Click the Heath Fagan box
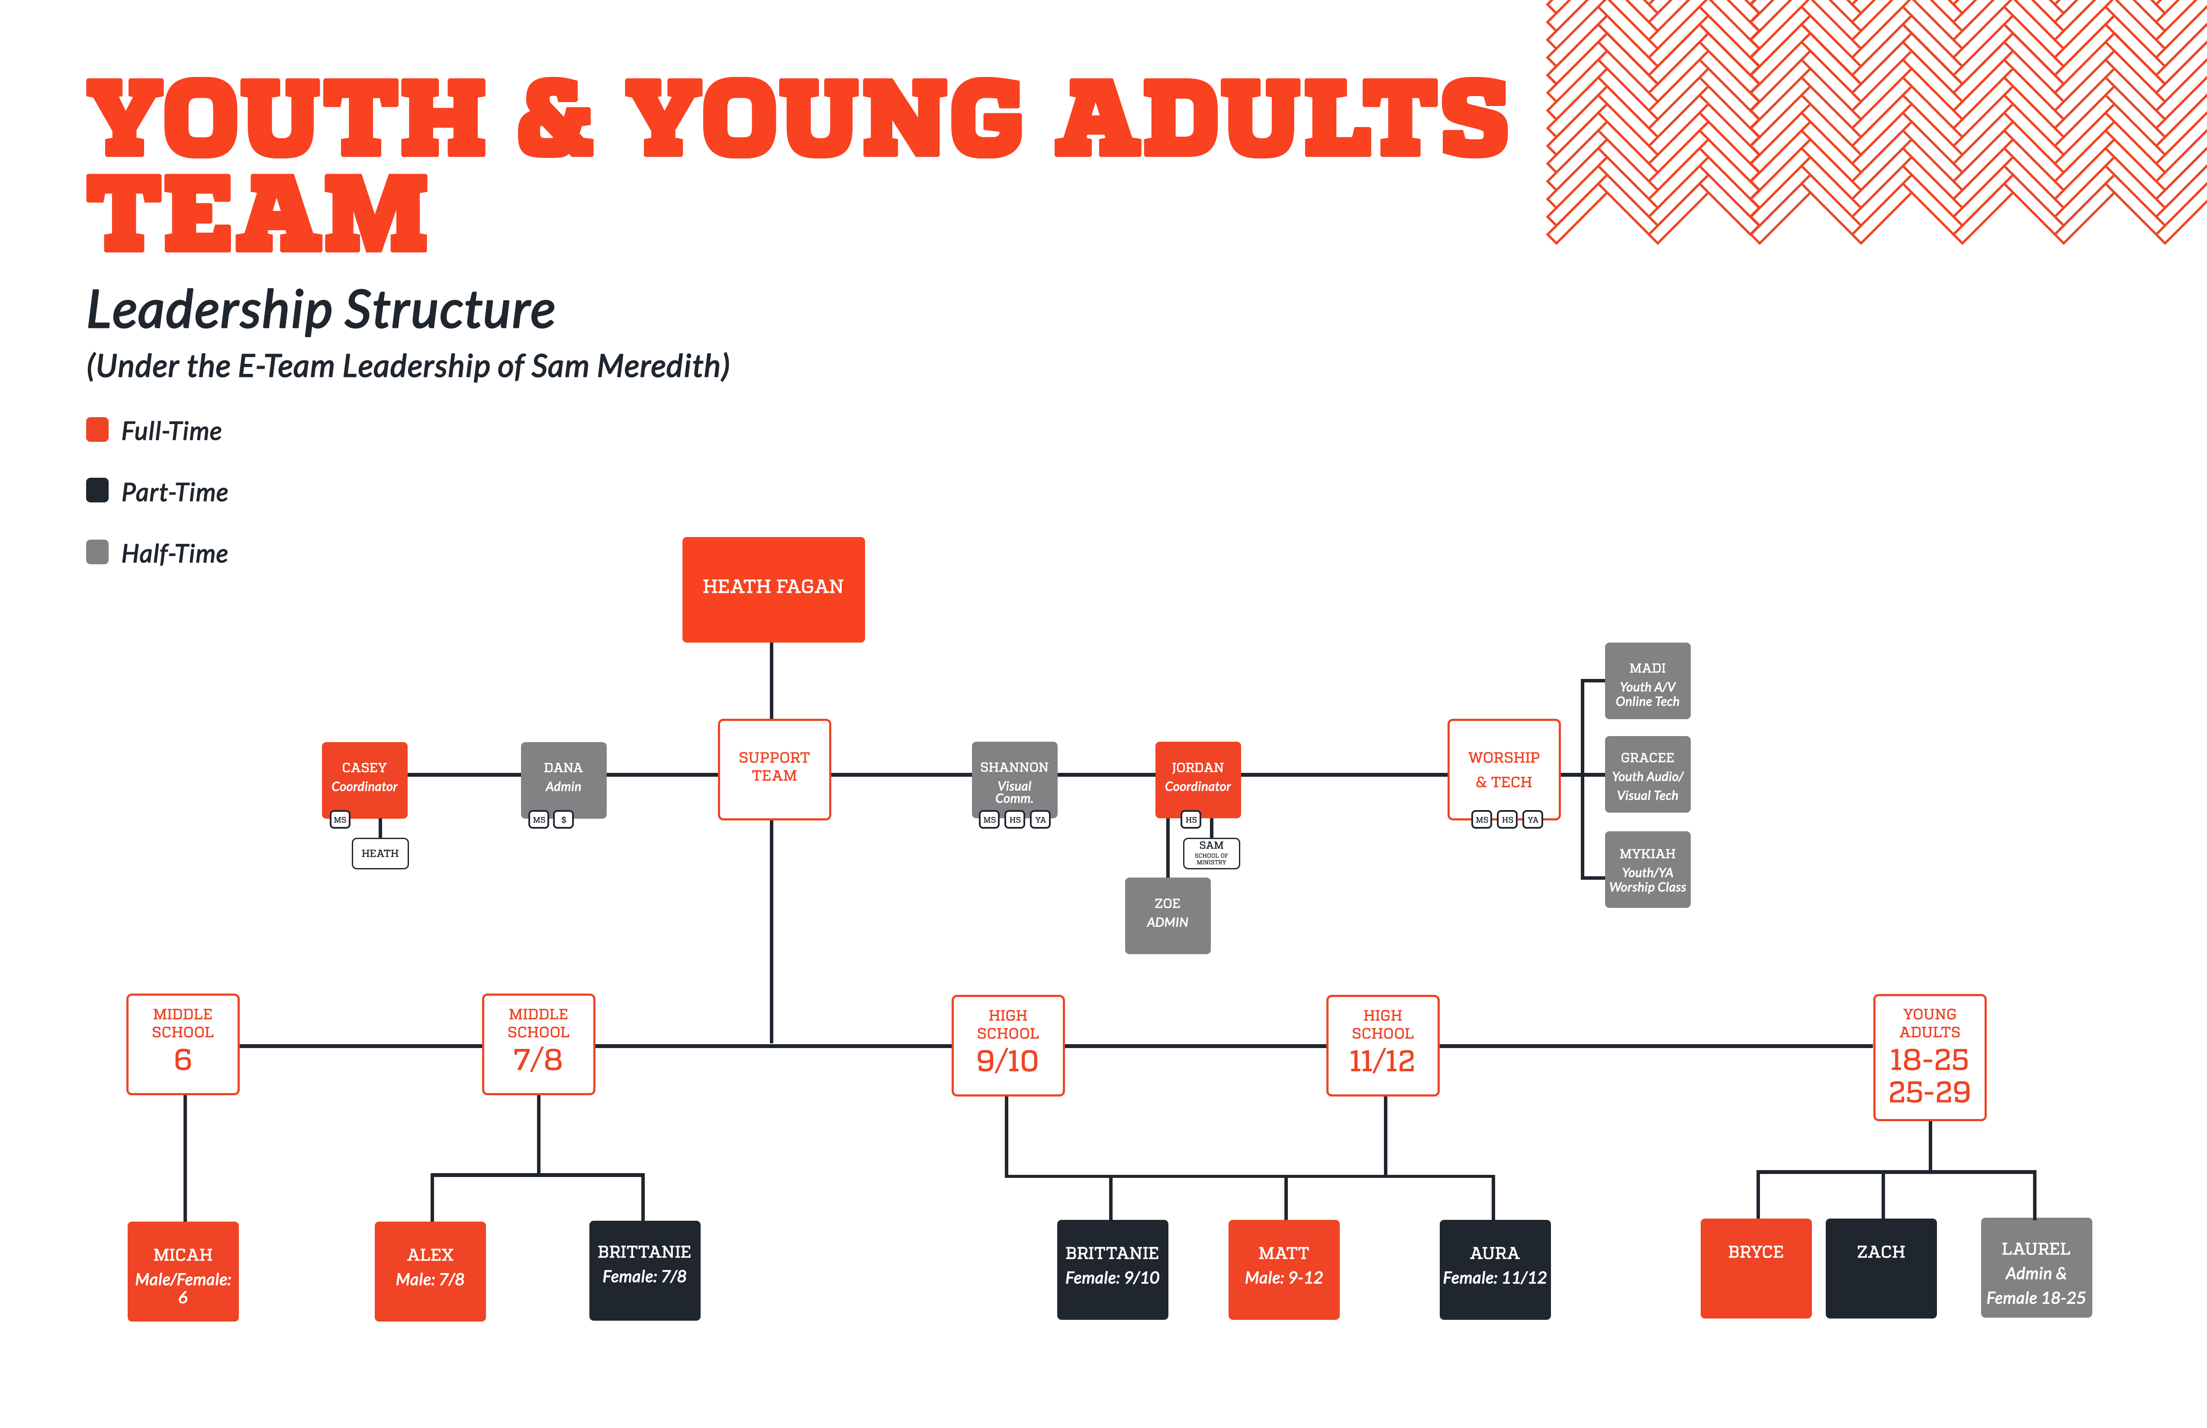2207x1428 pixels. (773, 590)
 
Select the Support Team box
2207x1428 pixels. (774, 770)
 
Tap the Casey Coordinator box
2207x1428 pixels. (364, 779)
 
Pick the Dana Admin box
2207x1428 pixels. (564, 779)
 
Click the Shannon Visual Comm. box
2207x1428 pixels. (1014, 779)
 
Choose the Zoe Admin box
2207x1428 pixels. (1168, 915)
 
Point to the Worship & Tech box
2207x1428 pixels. (1504, 770)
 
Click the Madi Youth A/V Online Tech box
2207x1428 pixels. (1648, 681)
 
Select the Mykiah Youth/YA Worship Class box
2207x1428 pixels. (1648, 869)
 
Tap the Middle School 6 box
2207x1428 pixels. (183, 1044)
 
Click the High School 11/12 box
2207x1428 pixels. (1383, 1045)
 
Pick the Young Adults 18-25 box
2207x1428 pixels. (1930, 1057)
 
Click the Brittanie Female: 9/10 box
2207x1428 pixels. (1113, 1270)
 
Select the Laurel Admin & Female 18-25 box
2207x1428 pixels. (2036, 1267)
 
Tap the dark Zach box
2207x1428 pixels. (1881, 1267)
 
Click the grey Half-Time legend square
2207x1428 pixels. (97, 552)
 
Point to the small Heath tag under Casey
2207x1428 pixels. (380, 853)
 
